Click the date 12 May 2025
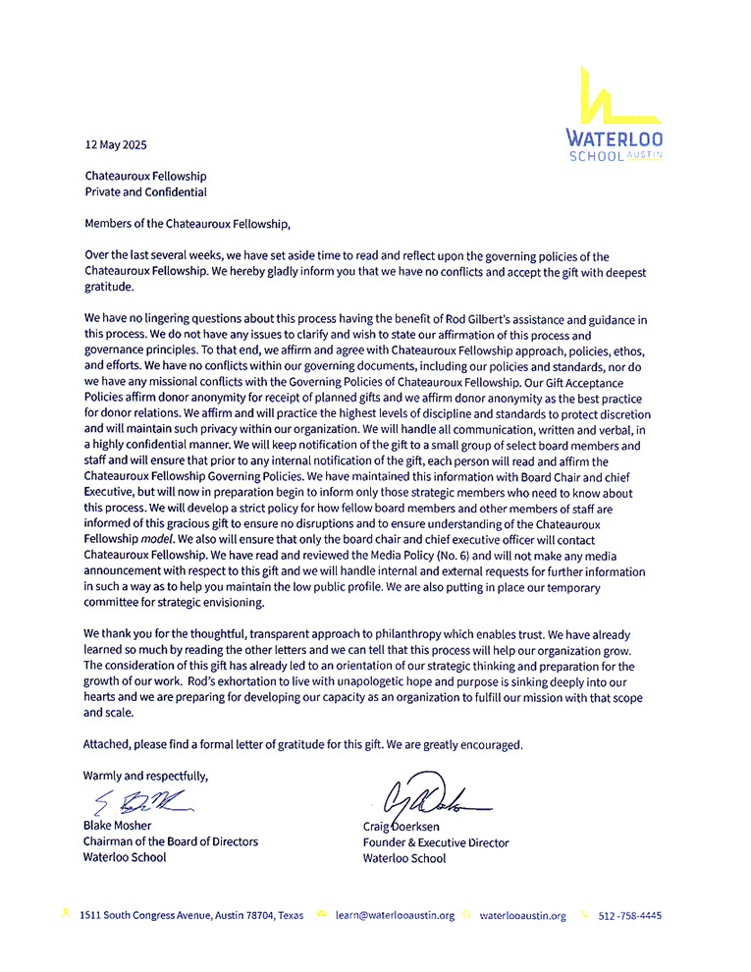115,144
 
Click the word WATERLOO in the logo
615,138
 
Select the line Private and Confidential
145,192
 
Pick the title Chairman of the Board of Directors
171,841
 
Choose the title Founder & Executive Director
436,842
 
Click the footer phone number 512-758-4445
629,915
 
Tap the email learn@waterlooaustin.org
395,915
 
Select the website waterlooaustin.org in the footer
522,915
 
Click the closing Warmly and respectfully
145,776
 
